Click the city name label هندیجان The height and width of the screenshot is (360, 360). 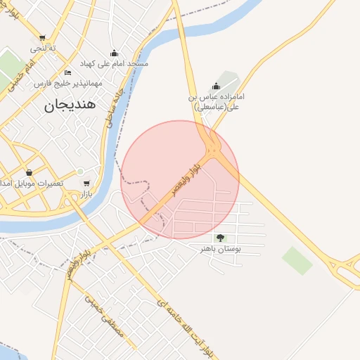click(74, 105)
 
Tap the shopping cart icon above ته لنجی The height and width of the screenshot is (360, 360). click(43, 38)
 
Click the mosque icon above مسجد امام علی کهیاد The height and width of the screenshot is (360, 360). click(115, 53)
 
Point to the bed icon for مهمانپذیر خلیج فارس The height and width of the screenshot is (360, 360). click(67, 72)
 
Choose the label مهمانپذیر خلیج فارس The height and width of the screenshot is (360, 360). click(68, 83)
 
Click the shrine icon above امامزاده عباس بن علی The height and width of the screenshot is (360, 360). click(216, 86)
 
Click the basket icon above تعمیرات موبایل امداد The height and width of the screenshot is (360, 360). click(29, 172)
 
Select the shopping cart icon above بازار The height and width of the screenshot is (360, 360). click(86, 184)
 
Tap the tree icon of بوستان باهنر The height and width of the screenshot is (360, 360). click(221, 238)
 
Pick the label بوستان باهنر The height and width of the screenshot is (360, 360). click(221, 249)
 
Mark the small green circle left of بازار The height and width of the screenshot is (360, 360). click(80, 172)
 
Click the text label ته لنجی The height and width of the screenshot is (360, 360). click(43, 49)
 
